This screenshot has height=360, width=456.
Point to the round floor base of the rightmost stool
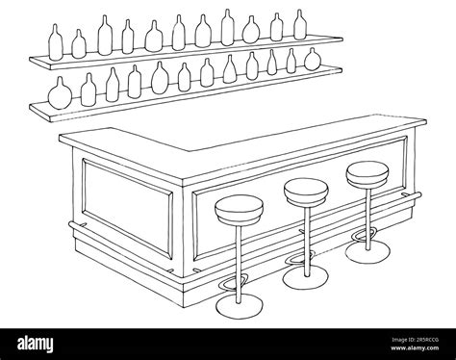(365, 253)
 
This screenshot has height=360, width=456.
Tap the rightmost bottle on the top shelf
(300, 28)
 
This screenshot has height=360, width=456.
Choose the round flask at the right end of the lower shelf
(310, 62)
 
